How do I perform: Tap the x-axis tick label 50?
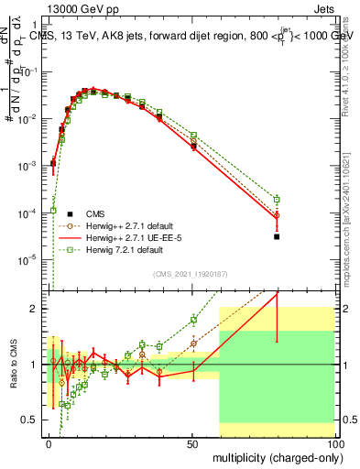(191, 442)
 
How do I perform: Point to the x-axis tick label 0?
(49, 442)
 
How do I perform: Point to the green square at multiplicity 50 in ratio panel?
(193, 320)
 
